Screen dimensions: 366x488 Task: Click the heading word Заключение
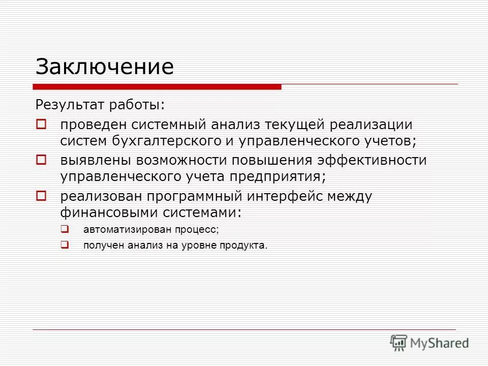point(104,67)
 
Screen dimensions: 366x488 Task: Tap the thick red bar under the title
point(158,87)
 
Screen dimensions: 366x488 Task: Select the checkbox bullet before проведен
point(41,124)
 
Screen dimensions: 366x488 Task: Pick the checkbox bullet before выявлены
point(41,160)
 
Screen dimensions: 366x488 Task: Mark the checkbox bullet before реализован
point(41,195)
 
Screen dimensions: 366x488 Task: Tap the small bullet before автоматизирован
point(65,229)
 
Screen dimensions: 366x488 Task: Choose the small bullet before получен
point(65,245)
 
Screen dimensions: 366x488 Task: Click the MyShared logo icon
point(399,343)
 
